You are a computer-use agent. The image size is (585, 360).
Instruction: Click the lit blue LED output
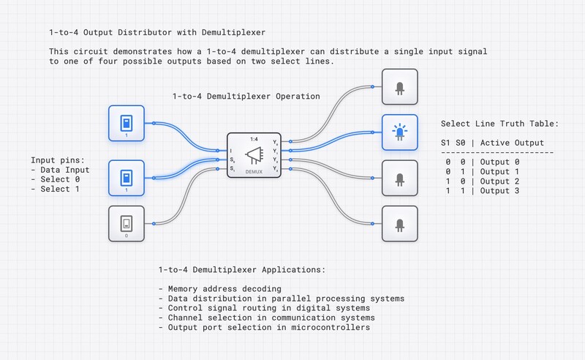399,132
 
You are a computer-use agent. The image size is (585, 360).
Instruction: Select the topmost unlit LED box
399,87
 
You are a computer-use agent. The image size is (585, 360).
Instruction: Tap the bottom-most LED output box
399,224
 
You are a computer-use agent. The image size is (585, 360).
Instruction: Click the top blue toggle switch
127,123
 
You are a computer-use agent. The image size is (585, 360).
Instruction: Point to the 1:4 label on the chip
253,138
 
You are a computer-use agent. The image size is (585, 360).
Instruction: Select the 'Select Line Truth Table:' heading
500,124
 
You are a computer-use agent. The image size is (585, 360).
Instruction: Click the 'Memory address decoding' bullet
219,289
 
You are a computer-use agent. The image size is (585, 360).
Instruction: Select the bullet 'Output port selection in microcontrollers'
264,327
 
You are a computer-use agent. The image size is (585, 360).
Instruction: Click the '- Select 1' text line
56,189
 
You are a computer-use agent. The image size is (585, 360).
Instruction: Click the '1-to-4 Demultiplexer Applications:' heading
241,270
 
